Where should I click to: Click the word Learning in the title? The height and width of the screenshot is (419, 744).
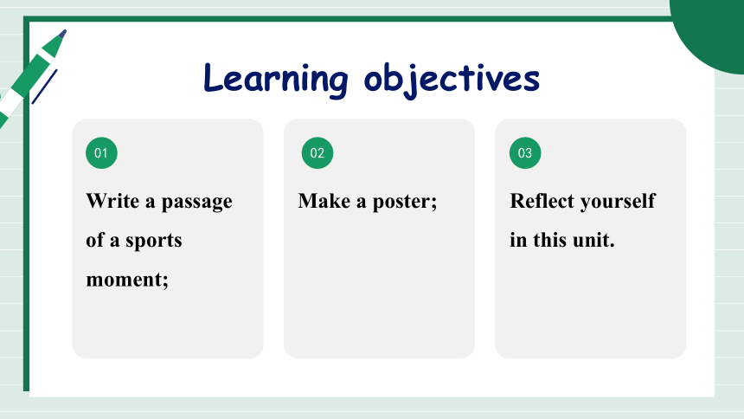coord(276,79)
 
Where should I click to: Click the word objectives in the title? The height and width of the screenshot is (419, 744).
coord(452,80)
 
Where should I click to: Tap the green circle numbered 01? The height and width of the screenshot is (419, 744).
coord(101,153)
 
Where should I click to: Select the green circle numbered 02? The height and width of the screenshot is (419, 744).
coord(317,153)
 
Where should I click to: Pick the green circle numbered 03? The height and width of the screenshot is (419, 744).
coord(525,153)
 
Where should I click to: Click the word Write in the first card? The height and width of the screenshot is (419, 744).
coord(112,201)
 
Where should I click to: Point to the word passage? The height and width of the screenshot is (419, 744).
coord(197,203)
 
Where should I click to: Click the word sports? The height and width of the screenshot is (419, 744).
coord(154,241)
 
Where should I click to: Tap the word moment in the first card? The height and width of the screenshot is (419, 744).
coord(125,280)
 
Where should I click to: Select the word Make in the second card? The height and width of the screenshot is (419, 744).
coord(324,201)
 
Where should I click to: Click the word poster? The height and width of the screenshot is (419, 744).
coord(402,203)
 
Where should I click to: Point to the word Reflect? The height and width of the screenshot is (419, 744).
coord(542,201)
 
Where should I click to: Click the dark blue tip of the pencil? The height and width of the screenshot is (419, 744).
coord(62,35)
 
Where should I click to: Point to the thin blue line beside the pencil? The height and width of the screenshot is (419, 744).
coord(45,87)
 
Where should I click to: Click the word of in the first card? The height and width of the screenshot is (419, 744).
coord(94,240)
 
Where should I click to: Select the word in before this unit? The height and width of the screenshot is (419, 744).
coord(518,240)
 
